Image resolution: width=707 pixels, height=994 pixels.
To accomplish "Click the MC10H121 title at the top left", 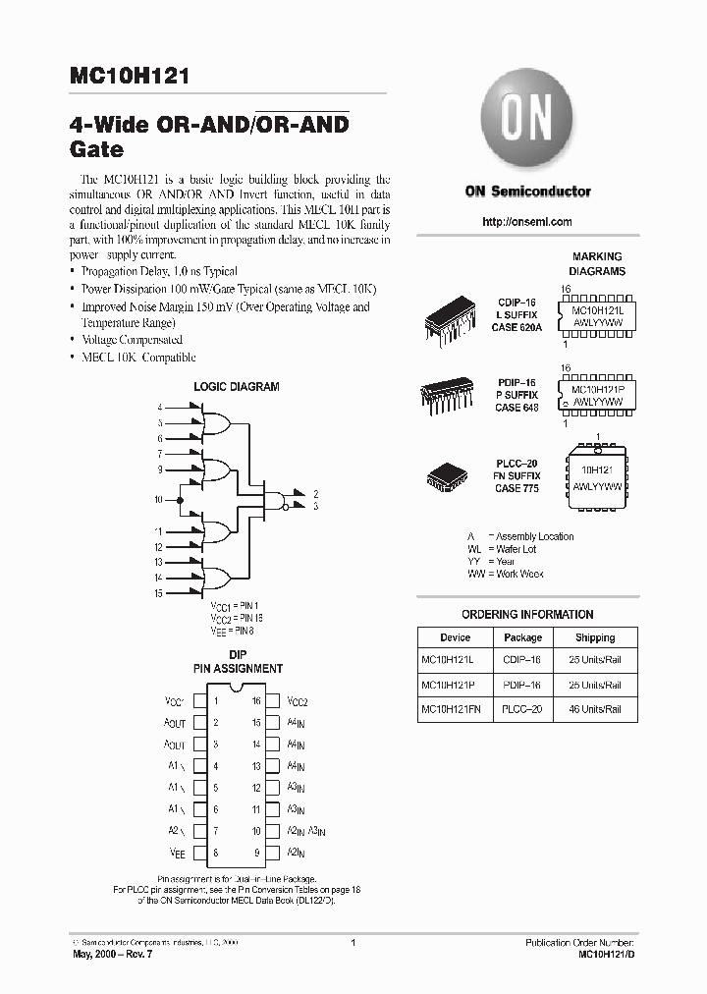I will click(132, 77).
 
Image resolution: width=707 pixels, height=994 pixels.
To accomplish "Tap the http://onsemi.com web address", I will click(527, 222).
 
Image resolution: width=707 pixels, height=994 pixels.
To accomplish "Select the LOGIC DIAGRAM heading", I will click(236, 387).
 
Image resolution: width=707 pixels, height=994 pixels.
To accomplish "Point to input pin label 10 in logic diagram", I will click(158, 500).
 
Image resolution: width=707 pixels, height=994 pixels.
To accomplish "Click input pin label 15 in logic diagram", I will click(158, 593).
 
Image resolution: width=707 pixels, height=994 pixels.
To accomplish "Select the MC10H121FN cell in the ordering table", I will click(455, 709).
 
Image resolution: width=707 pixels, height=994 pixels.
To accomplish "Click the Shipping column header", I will click(595, 637).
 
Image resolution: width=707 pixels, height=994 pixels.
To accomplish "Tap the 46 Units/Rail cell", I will click(595, 709).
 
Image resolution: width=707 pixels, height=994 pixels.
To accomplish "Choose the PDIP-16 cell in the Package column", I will click(522, 685).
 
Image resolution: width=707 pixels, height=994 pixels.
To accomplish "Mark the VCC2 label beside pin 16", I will click(298, 702).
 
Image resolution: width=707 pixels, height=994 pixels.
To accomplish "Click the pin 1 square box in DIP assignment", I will click(199, 701).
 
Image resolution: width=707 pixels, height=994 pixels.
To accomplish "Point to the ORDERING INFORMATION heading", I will click(527, 615).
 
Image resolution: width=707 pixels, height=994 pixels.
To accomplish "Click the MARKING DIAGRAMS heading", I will click(598, 264).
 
